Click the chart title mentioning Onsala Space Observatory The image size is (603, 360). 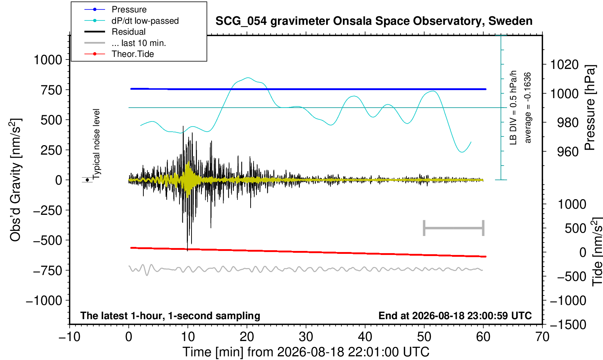(x=374, y=21)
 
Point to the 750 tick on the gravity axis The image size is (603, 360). (x=51, y=90)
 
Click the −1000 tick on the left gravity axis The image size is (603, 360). (x=44, y=301)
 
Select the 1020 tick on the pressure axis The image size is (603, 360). (x=564, y=65)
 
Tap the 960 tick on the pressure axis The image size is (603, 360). (x=568, y=152)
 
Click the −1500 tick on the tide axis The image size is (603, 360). (x=568, y=325)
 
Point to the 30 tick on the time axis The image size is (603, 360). (x=306, y=337)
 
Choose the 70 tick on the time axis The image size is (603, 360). (x=542, y=337)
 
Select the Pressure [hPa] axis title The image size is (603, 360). (x=590, y=108)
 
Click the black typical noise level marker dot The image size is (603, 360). (x=87, y=180)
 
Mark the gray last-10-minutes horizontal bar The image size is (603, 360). (x=454, y=228)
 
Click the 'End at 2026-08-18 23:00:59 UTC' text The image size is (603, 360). (x=455, y=316)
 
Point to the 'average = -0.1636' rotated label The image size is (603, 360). (x=527, y=108)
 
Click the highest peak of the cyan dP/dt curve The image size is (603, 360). (x=248, y=78)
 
